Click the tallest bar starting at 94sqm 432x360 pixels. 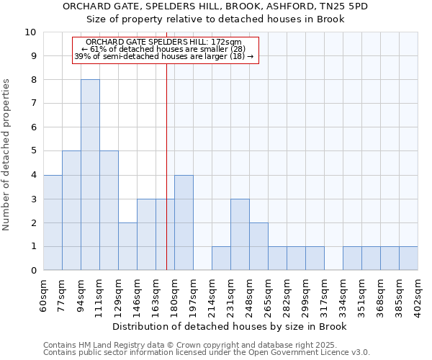pos(90,175)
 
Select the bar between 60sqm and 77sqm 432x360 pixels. pos(53,222)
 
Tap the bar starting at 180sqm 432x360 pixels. pos(184,222)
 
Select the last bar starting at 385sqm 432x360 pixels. pos(408,258)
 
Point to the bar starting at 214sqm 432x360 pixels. pos(221,258)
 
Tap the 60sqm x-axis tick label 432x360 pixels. pos(44,295)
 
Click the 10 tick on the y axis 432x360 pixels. pos(30,32)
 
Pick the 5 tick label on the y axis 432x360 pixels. pos(33,151)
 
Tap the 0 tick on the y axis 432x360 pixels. pos(33,271)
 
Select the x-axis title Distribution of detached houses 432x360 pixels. pos(230,326)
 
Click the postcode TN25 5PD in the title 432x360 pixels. pos(349,6)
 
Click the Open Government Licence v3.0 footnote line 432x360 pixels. pos(207,353)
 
